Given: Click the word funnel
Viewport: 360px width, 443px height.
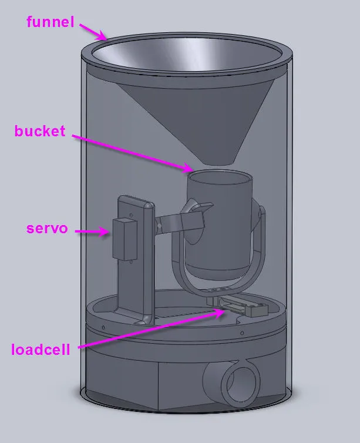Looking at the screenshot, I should [x=51, y=23].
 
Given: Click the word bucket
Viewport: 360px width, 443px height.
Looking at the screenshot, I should [x=40, y=131].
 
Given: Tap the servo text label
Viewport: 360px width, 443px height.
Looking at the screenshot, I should [x=48, y=228].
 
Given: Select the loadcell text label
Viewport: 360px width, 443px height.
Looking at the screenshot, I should [x=41, y=350].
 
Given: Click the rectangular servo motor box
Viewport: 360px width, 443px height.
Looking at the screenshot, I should [x=125, y=240].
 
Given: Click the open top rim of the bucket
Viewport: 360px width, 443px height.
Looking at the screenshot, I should [x=220, y=175].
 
